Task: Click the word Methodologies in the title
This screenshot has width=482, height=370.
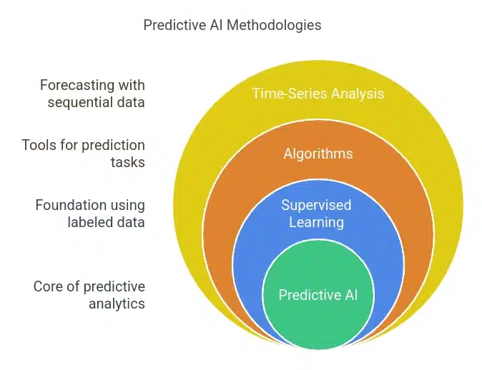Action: pyautogui.click(x=274, y=26)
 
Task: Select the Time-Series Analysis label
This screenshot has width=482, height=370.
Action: pyautogui.click(x=318, y=94)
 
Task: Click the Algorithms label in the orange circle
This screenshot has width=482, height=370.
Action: pyautogui.click(x=318, y=154)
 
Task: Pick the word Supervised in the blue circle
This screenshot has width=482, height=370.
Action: pyautogui.click(x=316, y=205)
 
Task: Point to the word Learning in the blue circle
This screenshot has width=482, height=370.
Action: pyautogui.click(x=316, y=223)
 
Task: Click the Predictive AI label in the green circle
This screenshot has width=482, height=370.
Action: pyautogui.click(x=318, y=295)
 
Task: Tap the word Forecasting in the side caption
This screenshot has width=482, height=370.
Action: pyautogui.click(x=77, y=86)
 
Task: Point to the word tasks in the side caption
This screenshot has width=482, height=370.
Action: pyautogui.click(x=127, y=162)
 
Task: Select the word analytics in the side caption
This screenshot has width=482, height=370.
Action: pyautogui.click(x=117, y=304)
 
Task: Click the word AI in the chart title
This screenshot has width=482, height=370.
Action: pyautogui.click(x=217, y=25)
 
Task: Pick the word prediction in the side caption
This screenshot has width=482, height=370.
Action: pyautogui.click(x=114, y=146)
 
